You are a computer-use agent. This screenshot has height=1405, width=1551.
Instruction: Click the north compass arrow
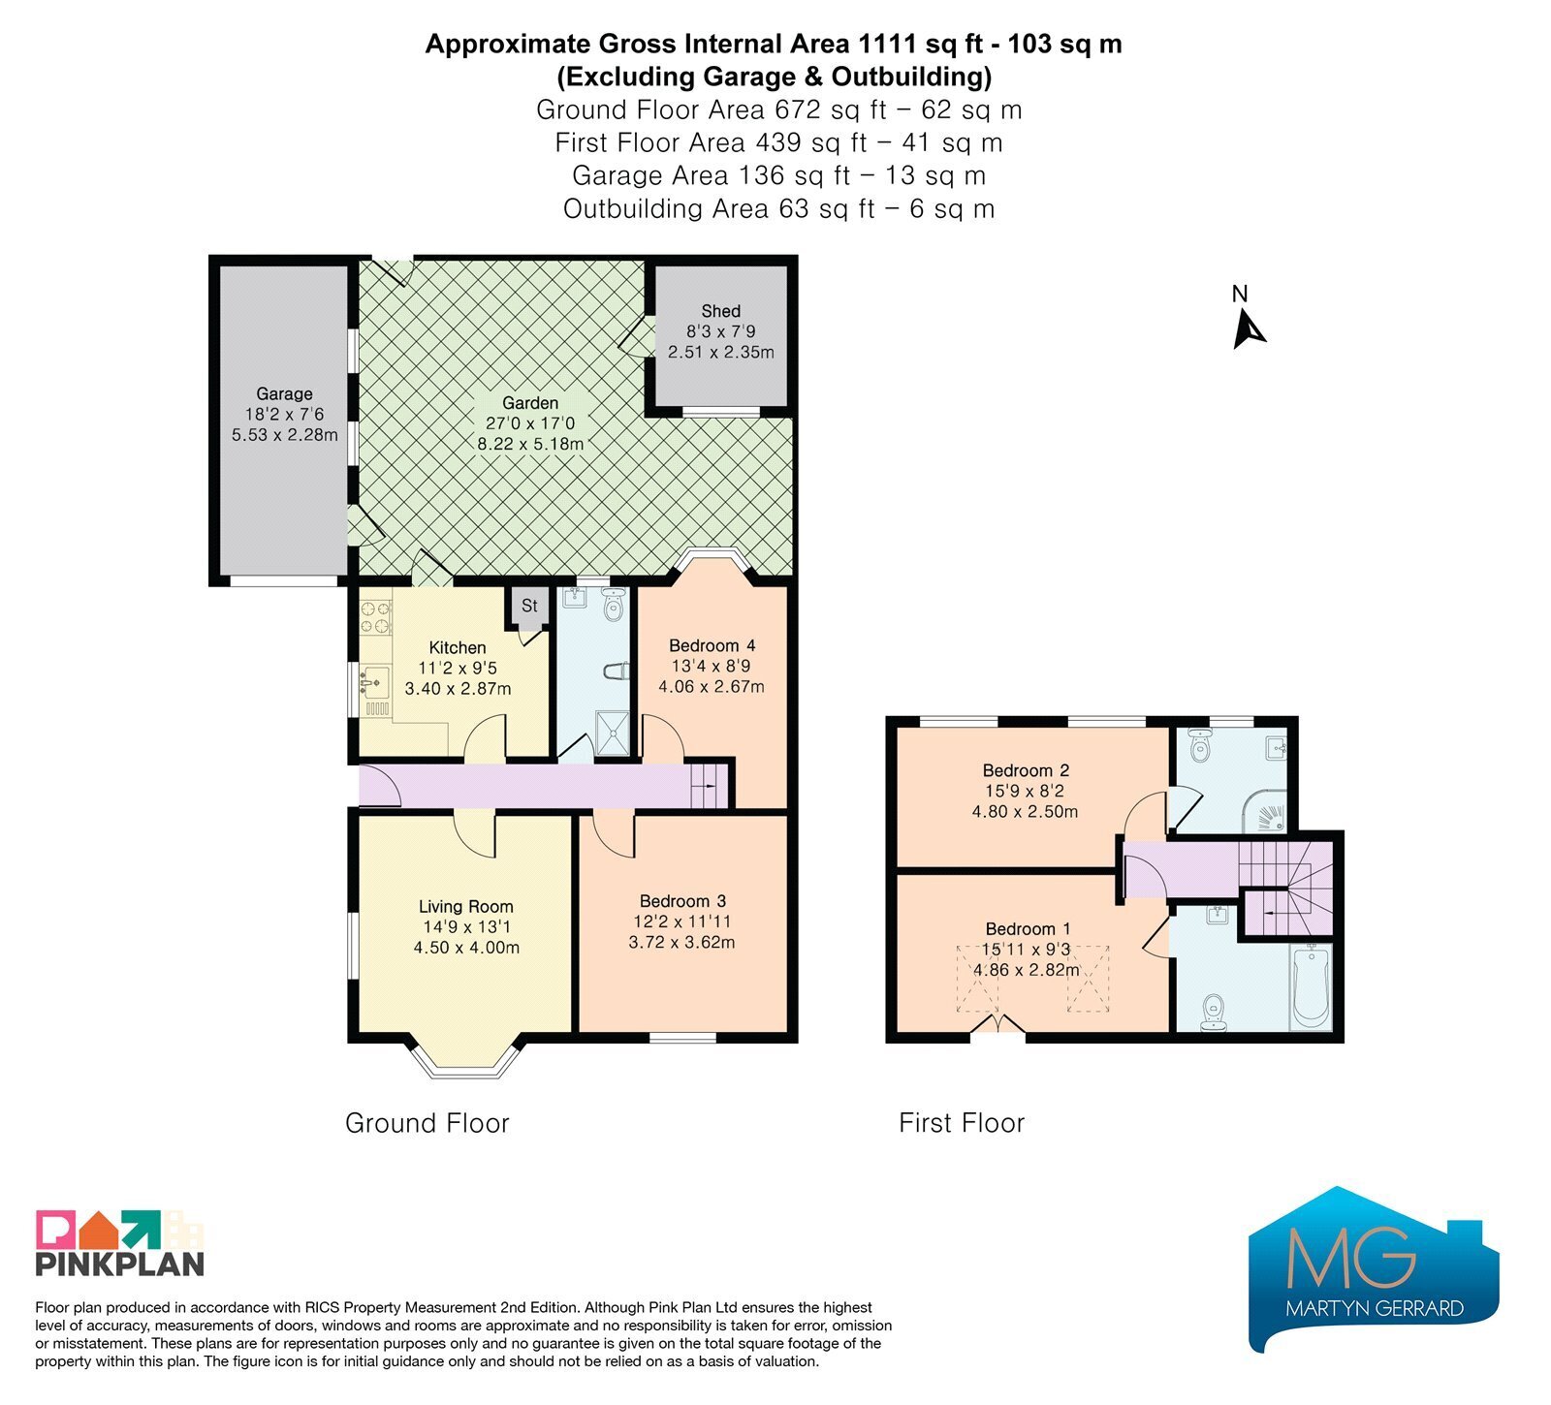(1248, 329)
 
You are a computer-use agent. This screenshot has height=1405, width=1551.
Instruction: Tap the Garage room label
(284, 393)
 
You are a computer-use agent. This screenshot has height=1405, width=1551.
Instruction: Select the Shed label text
(720, 311)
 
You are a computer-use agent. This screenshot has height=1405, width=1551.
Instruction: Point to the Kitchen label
(458, 647)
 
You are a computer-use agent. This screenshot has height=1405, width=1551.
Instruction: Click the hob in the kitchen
(375, 617)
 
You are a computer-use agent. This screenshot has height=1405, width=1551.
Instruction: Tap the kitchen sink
(374, 682)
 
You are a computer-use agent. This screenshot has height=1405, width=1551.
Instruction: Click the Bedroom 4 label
(712, 645)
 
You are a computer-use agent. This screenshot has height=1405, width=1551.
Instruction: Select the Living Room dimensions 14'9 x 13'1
(464, 927)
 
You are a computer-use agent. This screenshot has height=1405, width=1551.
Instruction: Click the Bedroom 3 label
(682, 901)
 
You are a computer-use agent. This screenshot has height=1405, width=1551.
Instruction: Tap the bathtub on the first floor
(1311, 987)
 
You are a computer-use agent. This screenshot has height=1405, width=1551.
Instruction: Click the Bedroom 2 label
(1026, 770)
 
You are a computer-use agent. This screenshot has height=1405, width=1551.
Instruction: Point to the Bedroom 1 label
(1029, 928)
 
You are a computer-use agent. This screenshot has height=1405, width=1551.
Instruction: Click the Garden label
(530, 403)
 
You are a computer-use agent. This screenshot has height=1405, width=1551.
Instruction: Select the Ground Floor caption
(427, 1123)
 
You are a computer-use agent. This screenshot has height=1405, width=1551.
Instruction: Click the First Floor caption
(962, 1123)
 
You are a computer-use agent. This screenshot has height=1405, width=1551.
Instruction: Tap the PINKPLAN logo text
(120, 1264)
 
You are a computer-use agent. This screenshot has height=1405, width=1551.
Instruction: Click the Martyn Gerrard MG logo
(1374, 1268)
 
